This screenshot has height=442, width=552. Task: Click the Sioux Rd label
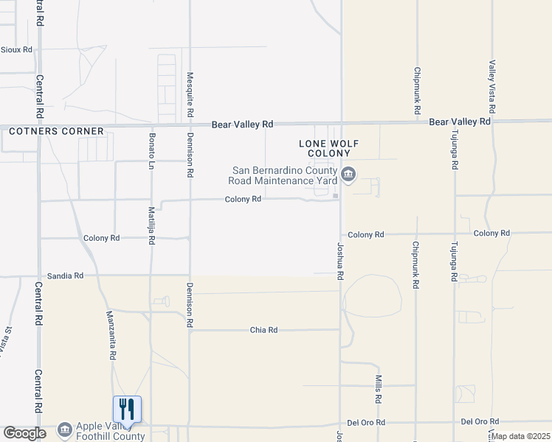pyautogui.click(x=16, y=50)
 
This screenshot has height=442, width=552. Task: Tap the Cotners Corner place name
pyautogui.click(x=56, y=131)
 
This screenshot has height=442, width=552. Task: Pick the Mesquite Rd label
pyautogui.click(x=190, y=96)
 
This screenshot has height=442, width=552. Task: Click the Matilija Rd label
pyautogui.click(x=151, y=225)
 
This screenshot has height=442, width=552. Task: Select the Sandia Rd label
pyautogui.click(x=65, y=275)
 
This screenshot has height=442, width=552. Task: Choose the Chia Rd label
pyautogui.click(x=263, y=330)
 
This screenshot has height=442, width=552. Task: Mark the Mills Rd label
pyautogui.click(x=378, y=388)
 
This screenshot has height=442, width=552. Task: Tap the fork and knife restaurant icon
pyautogui.click(x=127, y=409)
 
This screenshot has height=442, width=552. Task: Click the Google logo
pyautogui.click(x=24, y=433)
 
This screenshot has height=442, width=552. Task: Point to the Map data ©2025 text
pyautogui.click(x=521, y=437)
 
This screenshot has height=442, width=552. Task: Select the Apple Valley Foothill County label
pyautogui.click(x=110, y=431)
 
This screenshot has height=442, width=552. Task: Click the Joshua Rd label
pyautogui.click(x=340, y=261)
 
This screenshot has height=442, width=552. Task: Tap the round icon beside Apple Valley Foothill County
pyautogui.click(x=65, y=429)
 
